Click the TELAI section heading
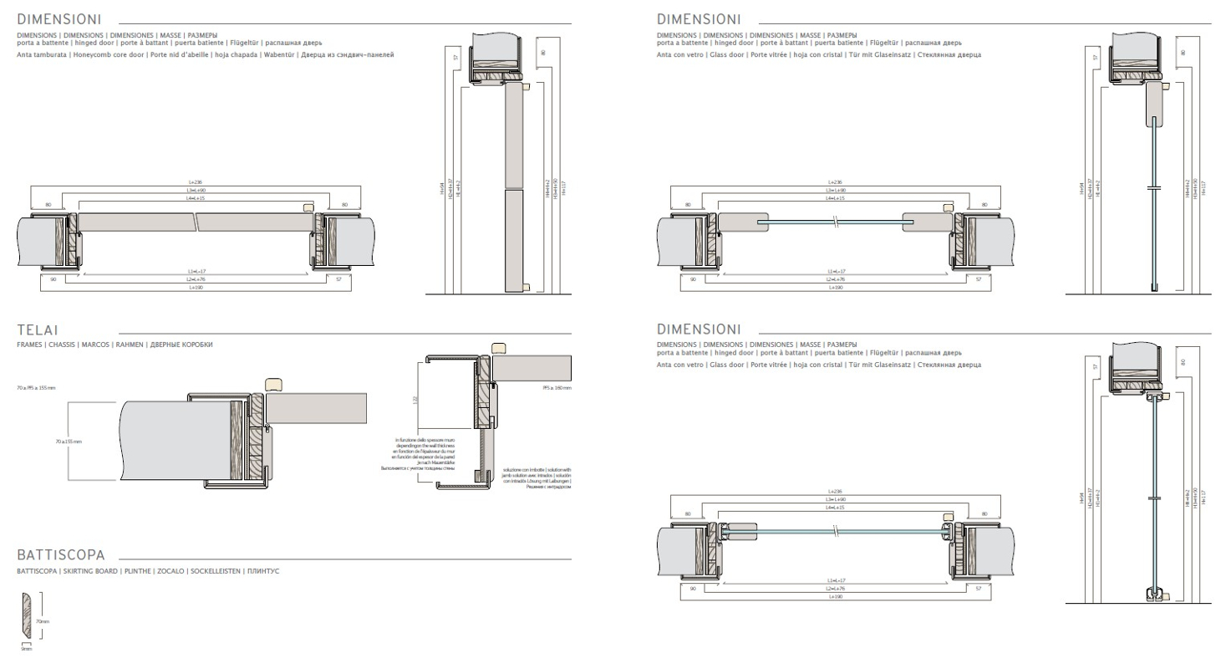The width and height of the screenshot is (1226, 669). [38, 331]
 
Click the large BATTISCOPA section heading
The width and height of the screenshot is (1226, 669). [61, 555]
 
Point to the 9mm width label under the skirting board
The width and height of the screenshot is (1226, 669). [26, 649]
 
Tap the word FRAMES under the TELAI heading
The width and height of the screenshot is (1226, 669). [29, 345]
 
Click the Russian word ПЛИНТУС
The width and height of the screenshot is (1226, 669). [262, 571]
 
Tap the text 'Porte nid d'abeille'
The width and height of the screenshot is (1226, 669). [176, 54]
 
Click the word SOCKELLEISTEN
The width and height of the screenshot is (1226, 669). [216, 571]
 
